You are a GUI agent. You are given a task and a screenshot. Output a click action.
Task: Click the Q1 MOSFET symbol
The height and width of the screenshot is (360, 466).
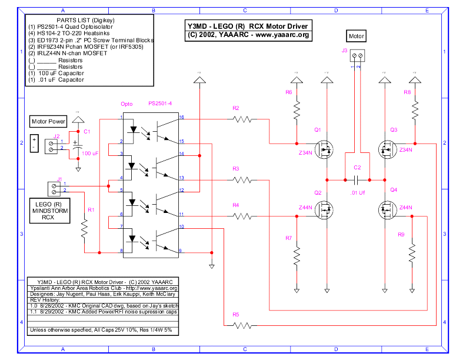(x=324, y=149)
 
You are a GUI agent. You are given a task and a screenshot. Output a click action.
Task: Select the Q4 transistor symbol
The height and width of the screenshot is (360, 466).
(x=387, y=209)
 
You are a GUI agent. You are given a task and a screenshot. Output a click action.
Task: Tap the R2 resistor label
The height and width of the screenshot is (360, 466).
(x=235, y=108)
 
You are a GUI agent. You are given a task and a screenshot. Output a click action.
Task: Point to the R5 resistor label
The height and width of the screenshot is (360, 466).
(x=235, y=315)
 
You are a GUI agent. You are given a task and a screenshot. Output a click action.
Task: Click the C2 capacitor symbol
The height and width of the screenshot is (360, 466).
(x=357, y=179)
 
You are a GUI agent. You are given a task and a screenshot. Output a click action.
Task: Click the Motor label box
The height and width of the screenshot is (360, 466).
(x=357, y=36)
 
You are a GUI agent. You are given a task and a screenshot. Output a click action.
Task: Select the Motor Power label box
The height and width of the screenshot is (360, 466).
(x=48, y=122)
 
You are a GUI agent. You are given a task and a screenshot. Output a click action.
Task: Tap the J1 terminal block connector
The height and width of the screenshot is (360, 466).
(x=55, y=188)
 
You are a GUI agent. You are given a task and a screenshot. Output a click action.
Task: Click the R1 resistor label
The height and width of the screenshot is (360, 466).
(x=90, y=209)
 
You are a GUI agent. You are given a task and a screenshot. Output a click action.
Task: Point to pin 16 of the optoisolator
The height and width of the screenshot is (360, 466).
(x=182, y=118)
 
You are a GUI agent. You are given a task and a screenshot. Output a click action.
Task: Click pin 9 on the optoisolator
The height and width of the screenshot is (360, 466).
(x=181, y=251)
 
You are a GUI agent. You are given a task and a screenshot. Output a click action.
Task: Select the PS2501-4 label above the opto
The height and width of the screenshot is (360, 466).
(x=159, y=103)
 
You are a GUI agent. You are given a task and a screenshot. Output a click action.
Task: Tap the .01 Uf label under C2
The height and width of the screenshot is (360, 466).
(x=357, y=192)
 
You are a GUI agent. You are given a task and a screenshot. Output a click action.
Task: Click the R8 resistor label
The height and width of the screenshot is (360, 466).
(x=407, y=93)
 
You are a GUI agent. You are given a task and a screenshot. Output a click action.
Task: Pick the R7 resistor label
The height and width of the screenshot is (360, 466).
(x=288, y=238)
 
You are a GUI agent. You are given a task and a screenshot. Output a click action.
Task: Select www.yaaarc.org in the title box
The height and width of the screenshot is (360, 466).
(x=282, y=35)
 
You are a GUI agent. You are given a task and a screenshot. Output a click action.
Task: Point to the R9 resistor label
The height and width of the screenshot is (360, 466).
(x=401, y=235)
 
